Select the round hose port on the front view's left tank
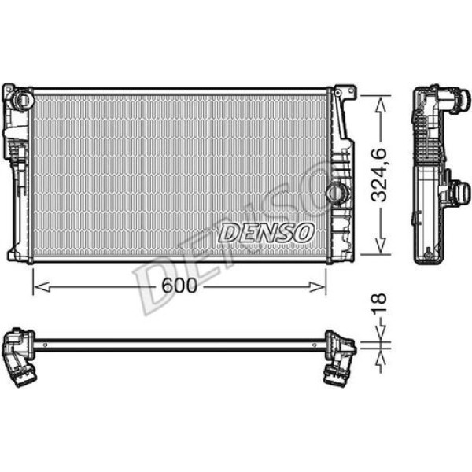[22, 100]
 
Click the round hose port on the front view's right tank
[337, 191]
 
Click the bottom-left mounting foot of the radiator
[13, 256]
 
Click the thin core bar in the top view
[181, 343]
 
